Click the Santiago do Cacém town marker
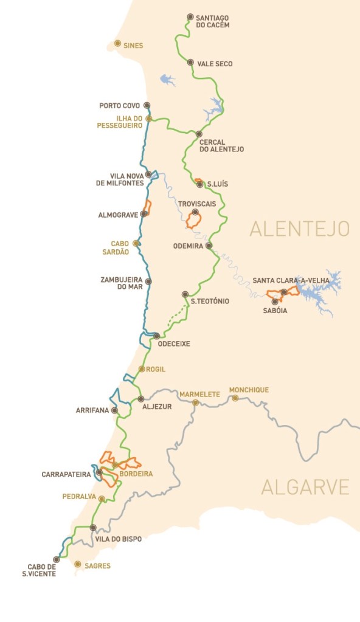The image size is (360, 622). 190,17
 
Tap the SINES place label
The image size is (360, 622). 133,44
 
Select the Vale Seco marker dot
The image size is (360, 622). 190,63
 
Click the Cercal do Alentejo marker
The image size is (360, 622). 198,134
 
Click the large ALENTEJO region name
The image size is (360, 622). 299,229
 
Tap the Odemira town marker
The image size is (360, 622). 209,246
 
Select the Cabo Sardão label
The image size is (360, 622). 119,247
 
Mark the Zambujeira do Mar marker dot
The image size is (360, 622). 148,282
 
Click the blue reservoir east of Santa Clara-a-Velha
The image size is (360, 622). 319,292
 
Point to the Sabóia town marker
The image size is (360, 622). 275,301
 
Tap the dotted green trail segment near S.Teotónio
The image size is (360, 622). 176,317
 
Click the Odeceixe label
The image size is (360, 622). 174,344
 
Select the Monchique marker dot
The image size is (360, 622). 235,398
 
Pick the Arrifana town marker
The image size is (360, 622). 114,410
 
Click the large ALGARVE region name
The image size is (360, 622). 305,487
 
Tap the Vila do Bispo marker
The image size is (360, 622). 93,528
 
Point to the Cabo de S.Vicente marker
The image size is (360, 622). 56,559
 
